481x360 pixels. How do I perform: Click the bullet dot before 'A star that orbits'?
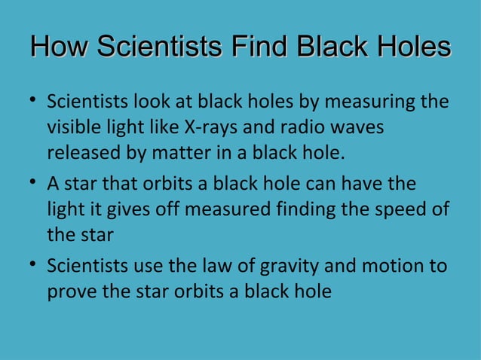click(35, 184)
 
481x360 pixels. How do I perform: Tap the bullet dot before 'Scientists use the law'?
click(35, 266)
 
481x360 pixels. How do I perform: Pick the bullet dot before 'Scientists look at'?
click(35, 101)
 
